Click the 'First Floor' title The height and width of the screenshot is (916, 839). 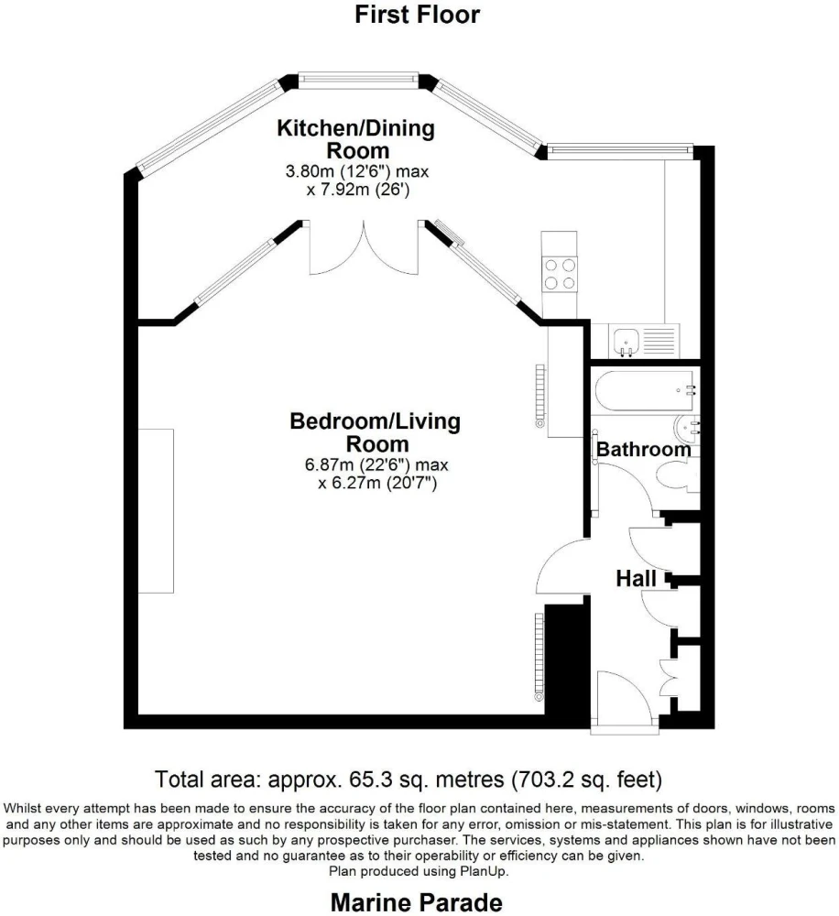417,15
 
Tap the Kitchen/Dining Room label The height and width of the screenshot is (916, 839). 355,139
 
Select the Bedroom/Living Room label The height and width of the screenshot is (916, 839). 376,432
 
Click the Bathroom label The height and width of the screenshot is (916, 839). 643,449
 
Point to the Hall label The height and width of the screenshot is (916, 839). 636,579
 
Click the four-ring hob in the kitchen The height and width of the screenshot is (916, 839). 560,274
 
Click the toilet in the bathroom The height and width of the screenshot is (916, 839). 677,474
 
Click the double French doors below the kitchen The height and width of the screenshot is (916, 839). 364,247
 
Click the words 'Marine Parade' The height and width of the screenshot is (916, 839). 417,902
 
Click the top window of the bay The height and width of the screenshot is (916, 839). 358,81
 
